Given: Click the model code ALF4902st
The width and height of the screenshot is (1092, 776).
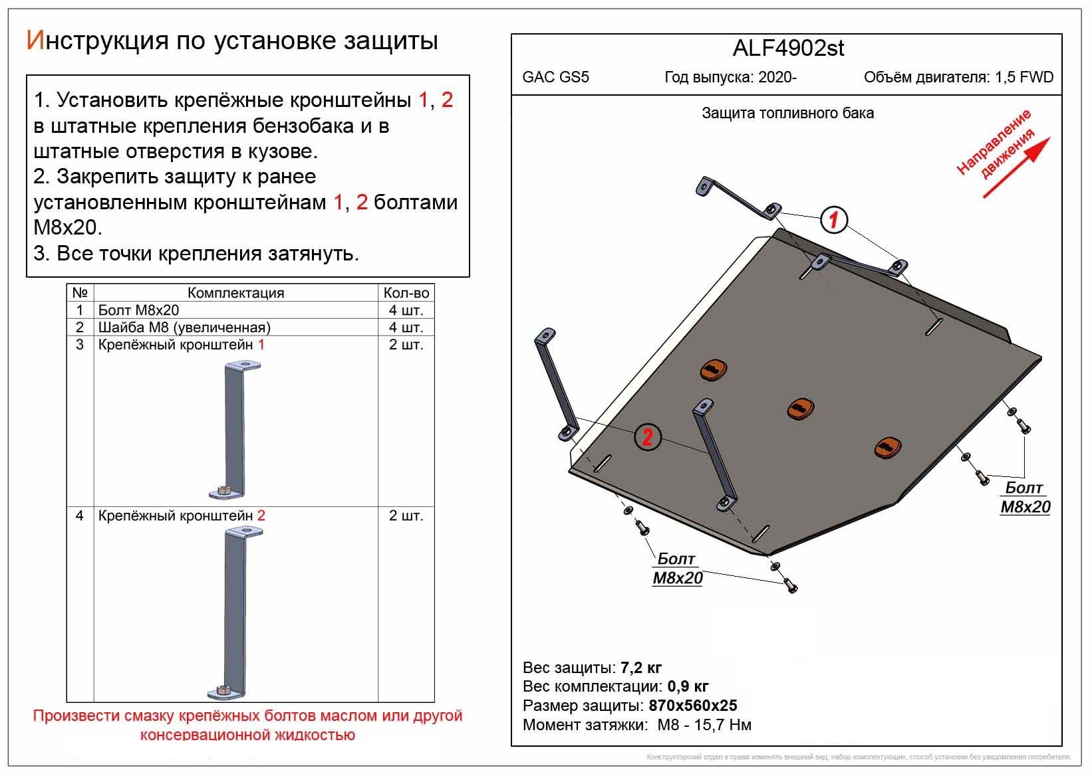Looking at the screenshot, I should [788, 48].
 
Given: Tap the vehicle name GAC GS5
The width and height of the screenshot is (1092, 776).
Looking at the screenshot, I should [555, 77].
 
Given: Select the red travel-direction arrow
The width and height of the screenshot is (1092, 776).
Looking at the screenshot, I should [1016, 167].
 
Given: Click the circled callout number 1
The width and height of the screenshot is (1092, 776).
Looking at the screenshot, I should [834, 219].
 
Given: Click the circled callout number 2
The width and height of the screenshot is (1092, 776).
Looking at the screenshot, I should [647, 437].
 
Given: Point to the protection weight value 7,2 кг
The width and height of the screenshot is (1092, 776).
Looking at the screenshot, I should [640, 668].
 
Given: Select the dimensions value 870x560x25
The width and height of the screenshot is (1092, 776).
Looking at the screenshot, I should [693, 706].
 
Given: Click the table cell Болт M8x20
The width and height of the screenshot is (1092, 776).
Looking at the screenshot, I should [138, 310].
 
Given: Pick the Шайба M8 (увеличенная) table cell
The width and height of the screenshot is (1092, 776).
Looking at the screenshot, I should [184, 328].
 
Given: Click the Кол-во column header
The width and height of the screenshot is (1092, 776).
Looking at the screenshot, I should [406, 293].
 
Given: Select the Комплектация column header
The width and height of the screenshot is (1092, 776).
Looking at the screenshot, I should [235, 293].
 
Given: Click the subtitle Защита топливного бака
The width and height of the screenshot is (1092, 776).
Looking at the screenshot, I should [787, 114].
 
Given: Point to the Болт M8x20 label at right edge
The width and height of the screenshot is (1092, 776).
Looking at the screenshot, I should [1025, 498].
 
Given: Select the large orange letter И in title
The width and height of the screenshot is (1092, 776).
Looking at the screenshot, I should [35, 41].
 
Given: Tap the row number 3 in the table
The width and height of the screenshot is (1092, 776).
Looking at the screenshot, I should [80, 345].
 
